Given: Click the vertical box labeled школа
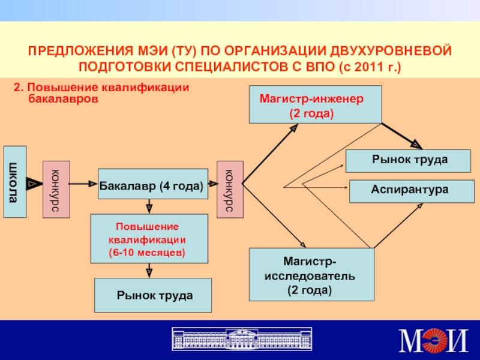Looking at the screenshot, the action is pos(15,182).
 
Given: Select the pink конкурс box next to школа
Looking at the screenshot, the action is pos(56,190).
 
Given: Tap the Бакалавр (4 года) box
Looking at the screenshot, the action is pos(153,184).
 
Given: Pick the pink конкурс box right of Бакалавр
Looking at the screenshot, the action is pos(230,190).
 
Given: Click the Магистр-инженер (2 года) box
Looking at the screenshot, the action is pos(316,104).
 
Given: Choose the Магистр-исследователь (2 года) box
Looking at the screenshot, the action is pos(311,275).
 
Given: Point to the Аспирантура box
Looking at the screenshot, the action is pos(412,191).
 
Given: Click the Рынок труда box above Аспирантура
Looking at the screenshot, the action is pos(408,161).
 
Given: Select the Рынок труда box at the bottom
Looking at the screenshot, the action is pos(153,295).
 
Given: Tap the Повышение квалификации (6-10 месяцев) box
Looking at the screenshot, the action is pos(149,239).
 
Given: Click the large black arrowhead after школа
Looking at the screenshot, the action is pos(34,184).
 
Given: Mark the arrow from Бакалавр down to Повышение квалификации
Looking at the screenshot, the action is pos(149,206).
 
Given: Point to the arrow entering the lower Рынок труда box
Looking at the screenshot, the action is pos(149,271).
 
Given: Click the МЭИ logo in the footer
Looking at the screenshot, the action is pos(433,340).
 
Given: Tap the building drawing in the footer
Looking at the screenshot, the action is pos(242,338).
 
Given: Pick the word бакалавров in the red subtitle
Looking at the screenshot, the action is pos(63,99).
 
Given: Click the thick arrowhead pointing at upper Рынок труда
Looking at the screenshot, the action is pos(416,144).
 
